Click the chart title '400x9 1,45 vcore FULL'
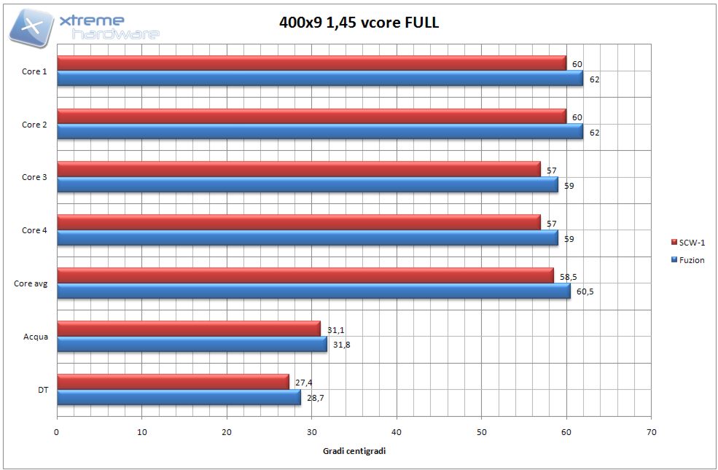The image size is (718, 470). tap(359, 22)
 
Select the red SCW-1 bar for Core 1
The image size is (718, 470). tap(311, 64)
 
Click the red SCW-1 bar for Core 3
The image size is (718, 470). tap(298, 170)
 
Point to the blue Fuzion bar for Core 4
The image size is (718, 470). tap(307, 238)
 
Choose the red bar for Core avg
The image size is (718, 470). tap(305, 275)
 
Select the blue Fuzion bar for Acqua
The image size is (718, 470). tap(192, 344)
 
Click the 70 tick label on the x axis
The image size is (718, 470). tap(651, 431)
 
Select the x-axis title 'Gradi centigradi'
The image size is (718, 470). tap(354, 451)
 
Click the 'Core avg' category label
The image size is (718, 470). tap(31, 283)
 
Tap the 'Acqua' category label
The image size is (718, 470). tap(36, 337)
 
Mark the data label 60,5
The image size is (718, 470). tap(585, 291)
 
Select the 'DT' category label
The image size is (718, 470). tap(43, 390)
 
